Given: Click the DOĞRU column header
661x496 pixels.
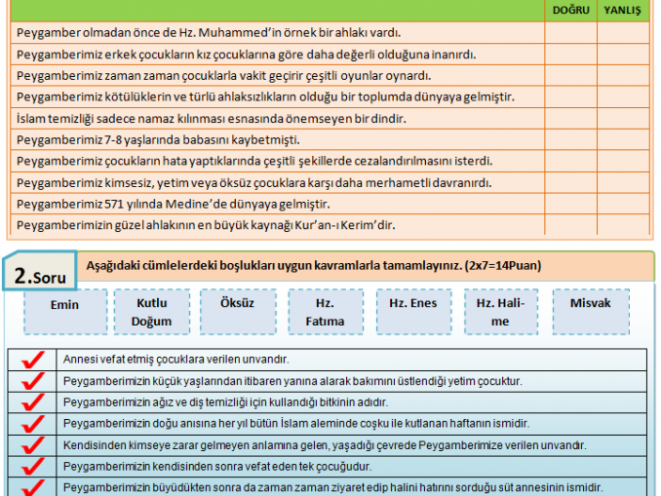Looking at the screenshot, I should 570,10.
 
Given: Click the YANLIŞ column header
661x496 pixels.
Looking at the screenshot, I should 623,10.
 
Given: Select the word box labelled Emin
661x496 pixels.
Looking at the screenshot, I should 65,305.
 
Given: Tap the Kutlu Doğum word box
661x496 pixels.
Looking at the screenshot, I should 151,312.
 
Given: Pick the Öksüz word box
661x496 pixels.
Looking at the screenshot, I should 236,303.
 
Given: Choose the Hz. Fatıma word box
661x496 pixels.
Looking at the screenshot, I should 325,312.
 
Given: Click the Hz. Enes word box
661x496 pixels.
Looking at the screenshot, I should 412,303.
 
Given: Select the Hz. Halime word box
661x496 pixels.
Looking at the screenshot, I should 500,312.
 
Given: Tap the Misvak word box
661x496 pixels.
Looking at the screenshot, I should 590,303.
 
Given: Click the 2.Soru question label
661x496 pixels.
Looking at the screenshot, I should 40,276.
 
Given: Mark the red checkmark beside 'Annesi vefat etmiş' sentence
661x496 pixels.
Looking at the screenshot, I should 32,360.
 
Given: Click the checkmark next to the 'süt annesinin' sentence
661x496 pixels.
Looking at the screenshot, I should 32,487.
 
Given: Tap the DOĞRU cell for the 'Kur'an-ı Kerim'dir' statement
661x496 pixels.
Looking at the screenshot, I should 570,226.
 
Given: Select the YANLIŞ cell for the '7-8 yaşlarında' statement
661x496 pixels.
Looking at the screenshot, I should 623,140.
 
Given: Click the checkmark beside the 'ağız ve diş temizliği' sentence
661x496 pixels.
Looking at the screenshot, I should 32,401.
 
